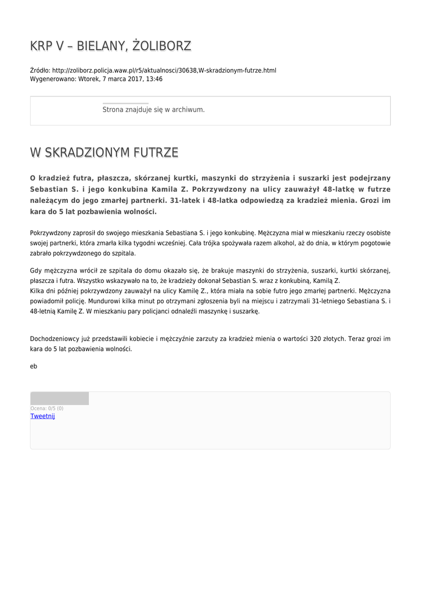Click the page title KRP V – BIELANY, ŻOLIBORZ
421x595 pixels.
(110, 46)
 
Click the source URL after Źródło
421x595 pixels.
(164, 70)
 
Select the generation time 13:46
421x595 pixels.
(154, 79)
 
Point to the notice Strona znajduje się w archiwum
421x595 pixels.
(153, 109)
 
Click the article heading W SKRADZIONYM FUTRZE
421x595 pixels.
(104, 153)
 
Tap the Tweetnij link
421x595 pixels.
(42, 416)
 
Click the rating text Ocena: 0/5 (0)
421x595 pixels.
(47, 408)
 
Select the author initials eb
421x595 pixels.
(34, 366)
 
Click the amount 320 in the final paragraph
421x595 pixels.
(316, 338)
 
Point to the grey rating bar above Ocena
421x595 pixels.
(59, 399)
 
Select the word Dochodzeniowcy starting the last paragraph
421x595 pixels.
(57, 338)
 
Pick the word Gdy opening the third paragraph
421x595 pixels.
(36, 270)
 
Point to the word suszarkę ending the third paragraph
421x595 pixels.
(247, 311)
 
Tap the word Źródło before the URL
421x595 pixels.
(39, 70)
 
